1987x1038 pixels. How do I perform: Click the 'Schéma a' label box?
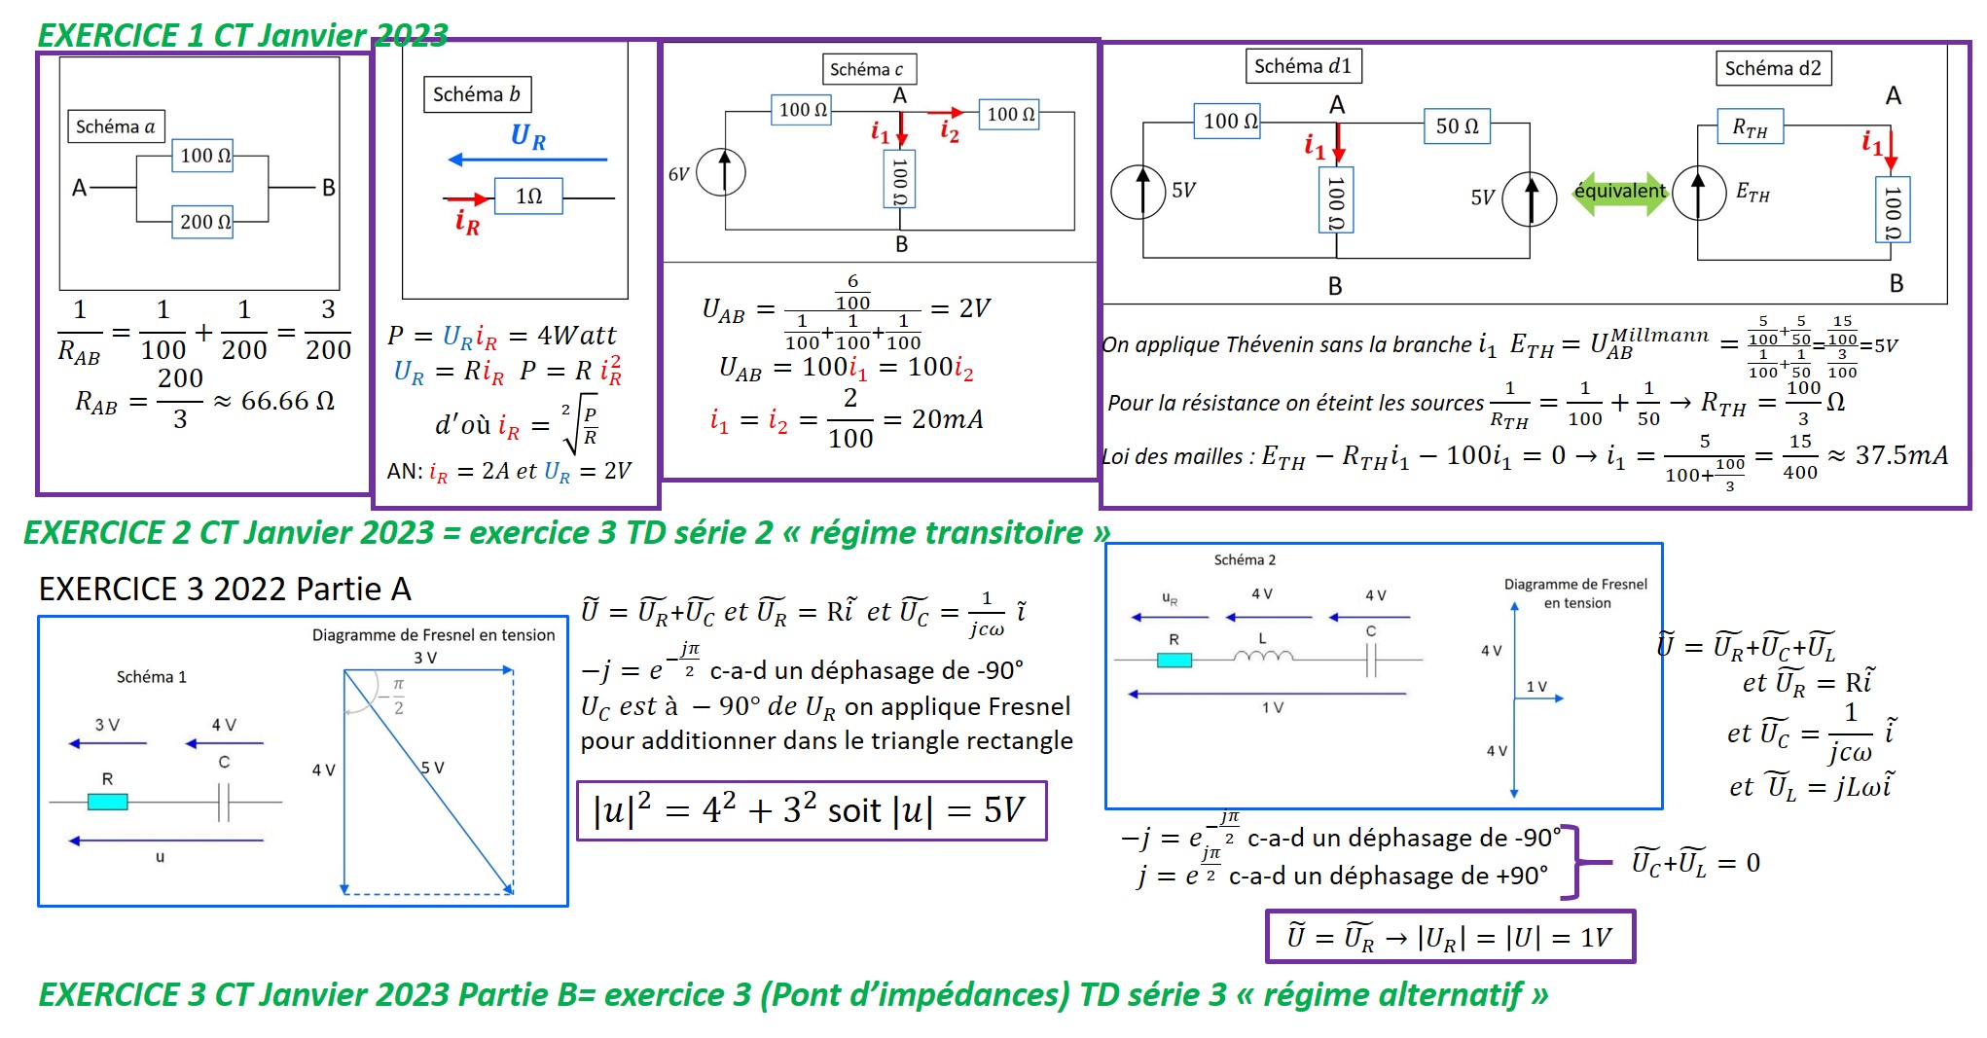coord(115,126)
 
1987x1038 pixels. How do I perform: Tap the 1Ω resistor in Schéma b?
coord(527,197)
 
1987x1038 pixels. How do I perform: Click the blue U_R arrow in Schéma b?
coord(527,159)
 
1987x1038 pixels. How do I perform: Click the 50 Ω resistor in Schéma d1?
coord(1457,126)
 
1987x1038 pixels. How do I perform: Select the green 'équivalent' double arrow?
coord(1619,192)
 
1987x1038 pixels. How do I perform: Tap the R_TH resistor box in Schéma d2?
coord(1750,127)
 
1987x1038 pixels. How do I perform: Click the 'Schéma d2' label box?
coord(1772,68)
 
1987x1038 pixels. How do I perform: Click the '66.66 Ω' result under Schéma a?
coord(287,400)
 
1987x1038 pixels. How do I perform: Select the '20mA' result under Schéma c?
coord(947,419)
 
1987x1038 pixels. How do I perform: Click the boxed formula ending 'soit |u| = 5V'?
coord(811,810)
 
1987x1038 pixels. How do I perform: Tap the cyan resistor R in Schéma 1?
coord(107,802)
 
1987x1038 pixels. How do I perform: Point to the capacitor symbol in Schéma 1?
coord(224,803)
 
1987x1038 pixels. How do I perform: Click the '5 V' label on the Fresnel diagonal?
coord(432,768)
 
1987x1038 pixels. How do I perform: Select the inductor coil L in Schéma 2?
coord(1263,658)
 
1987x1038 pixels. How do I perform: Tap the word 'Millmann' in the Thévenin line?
coord(1659,336)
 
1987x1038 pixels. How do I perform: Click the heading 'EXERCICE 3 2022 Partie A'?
coord(225,589)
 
